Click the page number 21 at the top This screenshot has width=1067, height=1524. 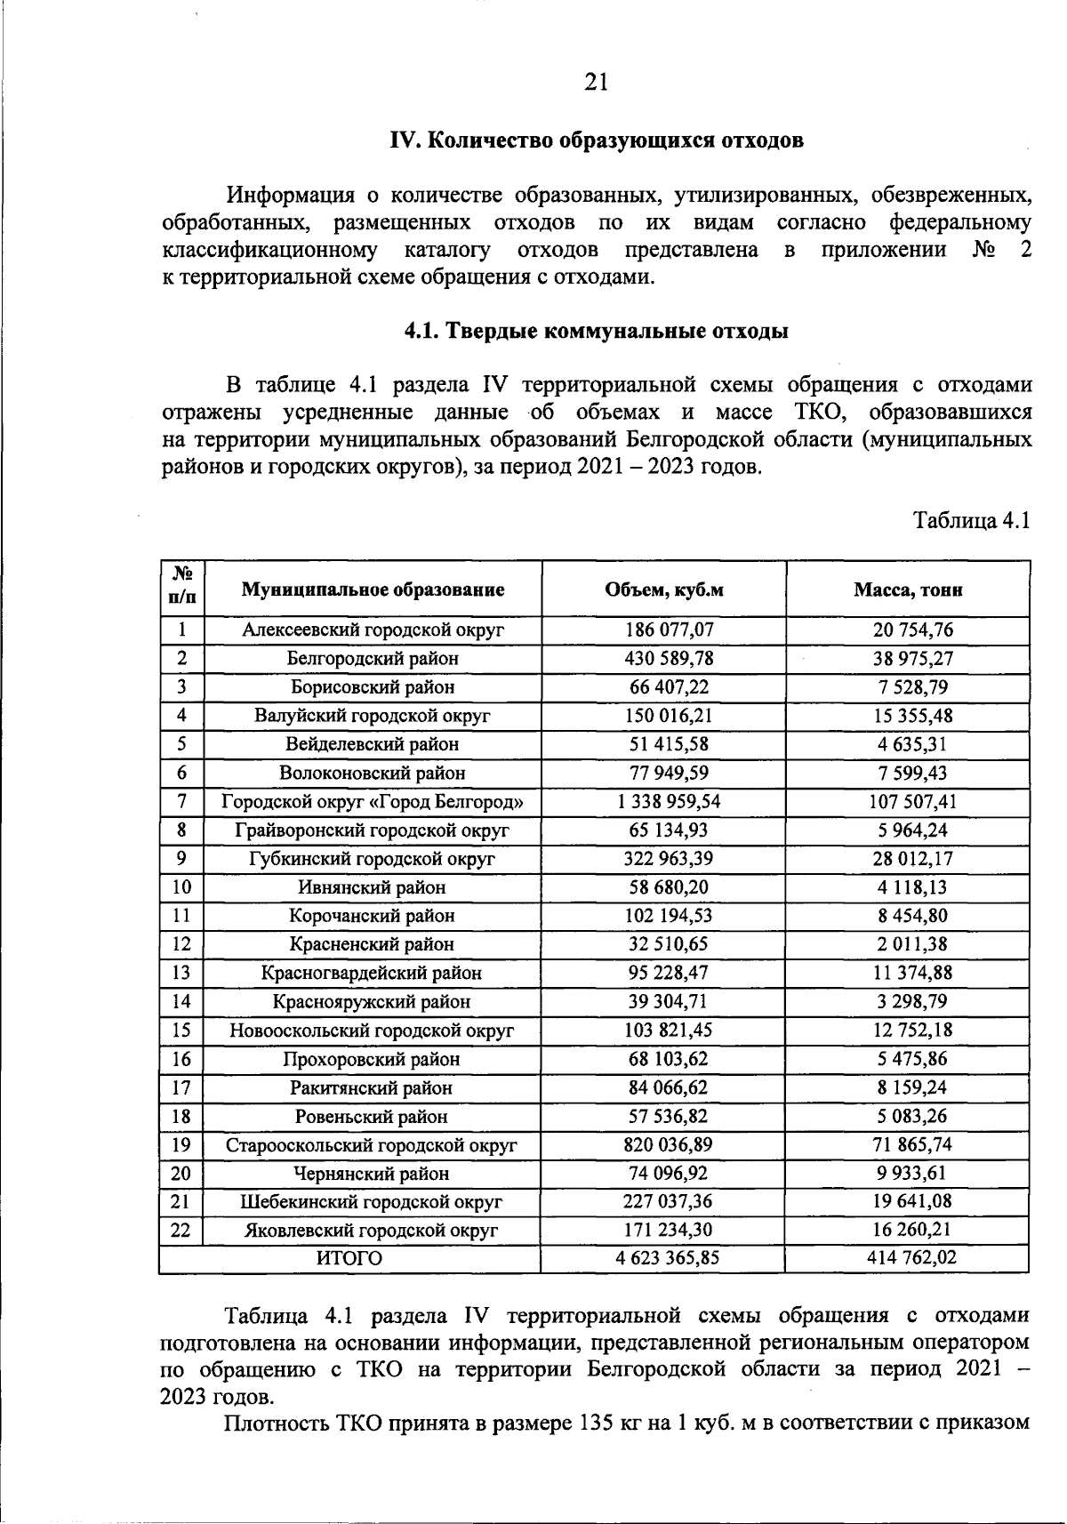tap(596, 82)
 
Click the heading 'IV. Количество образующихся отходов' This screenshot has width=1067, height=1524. tap(597, 140)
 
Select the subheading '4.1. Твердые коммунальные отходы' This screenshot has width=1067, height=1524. tap(596, 332)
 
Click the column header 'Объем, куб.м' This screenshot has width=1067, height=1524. tap(663, 590)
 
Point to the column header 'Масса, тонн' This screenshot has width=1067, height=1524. tap(907, 590)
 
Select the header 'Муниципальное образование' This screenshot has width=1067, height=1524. tap(373, 590)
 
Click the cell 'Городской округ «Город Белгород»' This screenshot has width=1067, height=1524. tap(372, 802)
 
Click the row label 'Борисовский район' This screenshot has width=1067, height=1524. tap(372, 687)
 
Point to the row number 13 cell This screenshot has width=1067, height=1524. tap(181, 974)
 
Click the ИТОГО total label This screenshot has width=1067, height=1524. tap(349, 1259)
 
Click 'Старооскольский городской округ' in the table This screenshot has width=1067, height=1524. tap(372, 1145)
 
